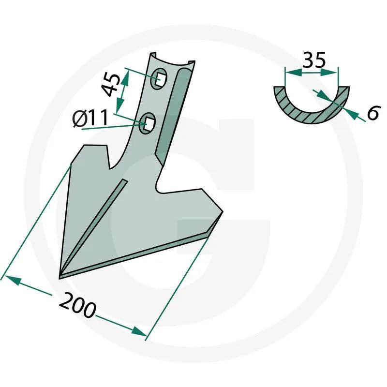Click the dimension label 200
click(x=77, y=305)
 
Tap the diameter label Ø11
click(x=90, y=118)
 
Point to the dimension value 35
click(x=314, y=60)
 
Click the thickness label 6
click(x=372, y=113)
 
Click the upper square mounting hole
click(x=161, y=78)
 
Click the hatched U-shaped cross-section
click(x=312, y=110)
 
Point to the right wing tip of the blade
click(x=222, y=212)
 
